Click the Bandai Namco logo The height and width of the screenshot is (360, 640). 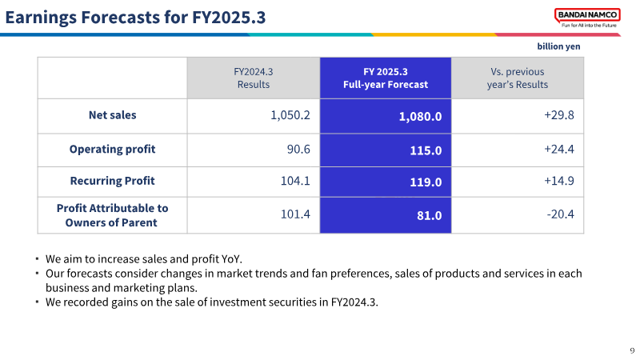pyautogui.click(x=587, y=18)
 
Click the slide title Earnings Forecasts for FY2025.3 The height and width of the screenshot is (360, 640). pyautogui.click(x=135, y=18)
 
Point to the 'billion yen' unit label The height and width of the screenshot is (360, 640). pyautogui.click(x=558, y=46)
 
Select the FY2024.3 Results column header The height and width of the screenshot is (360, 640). pyautogui.click(x=254, y=78)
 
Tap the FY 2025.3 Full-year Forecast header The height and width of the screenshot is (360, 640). pyautogui.click(x=386, y=78)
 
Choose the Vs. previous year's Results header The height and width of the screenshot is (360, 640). pyautogui.click(x=517, y=78)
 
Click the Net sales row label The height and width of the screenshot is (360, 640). pyautogui.click(x=112, y=115)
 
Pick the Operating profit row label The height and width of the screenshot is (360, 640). pyautogui.click(x=112, y=150)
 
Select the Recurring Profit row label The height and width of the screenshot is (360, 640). pyautogui.click(x=112, y=181)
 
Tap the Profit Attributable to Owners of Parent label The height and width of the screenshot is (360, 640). pyautogui.click(x=112, y=215)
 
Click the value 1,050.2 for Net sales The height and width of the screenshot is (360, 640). pyautogui.click(x=290, y=115)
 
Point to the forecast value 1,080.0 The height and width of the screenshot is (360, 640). pyautogui.click(x=420, y=117)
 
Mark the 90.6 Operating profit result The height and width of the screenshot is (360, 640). pyautogui.click(x=298, y=150)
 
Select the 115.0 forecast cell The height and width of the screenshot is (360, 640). pyautogui.click(x=426, y=150)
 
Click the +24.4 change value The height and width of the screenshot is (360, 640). pyautogui.click(x=558, y=150)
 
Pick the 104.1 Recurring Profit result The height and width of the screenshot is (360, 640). pyautogui.click(x=295, y=181)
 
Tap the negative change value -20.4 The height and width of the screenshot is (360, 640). pyautogui.click(x=561, y=214)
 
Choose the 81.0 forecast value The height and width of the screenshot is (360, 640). pyautogui.click(x=430, y=215)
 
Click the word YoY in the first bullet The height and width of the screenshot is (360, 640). pyautogui.click(x=230, y=259)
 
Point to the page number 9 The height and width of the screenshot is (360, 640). pyautogui.click(x=632, y=350)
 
